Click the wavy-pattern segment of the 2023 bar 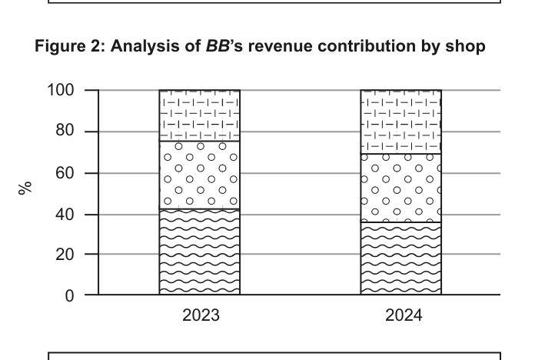click(199, 252)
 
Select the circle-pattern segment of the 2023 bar click(199, 175)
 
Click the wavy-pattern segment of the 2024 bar click(400, 258)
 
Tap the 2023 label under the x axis click(200, 315)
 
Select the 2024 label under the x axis click(401, 315)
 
